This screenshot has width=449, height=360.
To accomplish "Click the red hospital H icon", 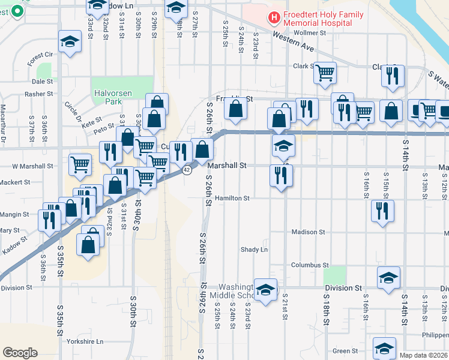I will [274, 18].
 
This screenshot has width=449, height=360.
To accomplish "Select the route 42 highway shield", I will [187, 170].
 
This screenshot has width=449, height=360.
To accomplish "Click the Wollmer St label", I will [309, 32].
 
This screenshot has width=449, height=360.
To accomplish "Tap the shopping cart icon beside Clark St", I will [325, 73].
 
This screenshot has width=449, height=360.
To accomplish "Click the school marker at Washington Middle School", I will [265, 290].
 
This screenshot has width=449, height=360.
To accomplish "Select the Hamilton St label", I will [232, 197].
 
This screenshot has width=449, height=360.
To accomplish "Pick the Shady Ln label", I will [254, 249].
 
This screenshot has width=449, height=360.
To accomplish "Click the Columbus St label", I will [310, 265].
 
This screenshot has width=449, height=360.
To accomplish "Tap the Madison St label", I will [308, 232].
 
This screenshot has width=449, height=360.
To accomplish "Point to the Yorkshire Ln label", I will [86, 341].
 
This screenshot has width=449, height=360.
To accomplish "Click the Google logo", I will [20, 352].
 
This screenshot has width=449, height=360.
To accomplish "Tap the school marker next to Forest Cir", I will [70, 42].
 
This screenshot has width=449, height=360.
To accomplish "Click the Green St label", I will [345, 351].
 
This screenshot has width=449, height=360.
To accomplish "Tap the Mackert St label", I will [17, 182].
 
